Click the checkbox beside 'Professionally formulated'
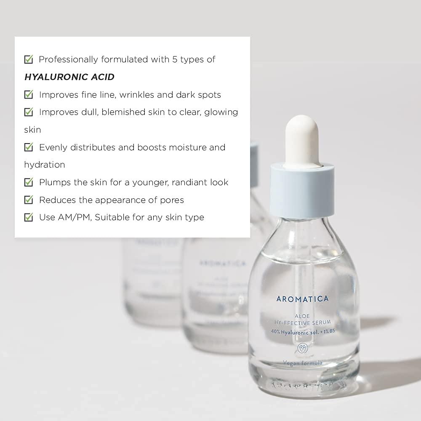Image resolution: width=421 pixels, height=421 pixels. coord(29,59)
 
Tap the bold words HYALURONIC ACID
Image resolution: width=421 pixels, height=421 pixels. coord(69,77)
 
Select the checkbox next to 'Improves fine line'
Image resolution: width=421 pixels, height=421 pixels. coord(29,94)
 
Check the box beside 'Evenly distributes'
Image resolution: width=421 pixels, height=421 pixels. coord(29,147)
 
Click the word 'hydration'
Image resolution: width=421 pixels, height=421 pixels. coord(45,165)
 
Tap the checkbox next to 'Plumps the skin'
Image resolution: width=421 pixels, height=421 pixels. coord(29,182)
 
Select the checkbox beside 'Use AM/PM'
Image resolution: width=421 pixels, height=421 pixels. coord(29,217)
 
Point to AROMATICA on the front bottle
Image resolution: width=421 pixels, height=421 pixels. coord(302,299)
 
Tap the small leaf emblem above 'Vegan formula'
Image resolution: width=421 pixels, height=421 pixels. coord(302,348)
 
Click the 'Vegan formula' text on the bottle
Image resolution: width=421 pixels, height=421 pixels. coord(303,362)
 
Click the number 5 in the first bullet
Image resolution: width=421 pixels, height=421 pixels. coord(174,59)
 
